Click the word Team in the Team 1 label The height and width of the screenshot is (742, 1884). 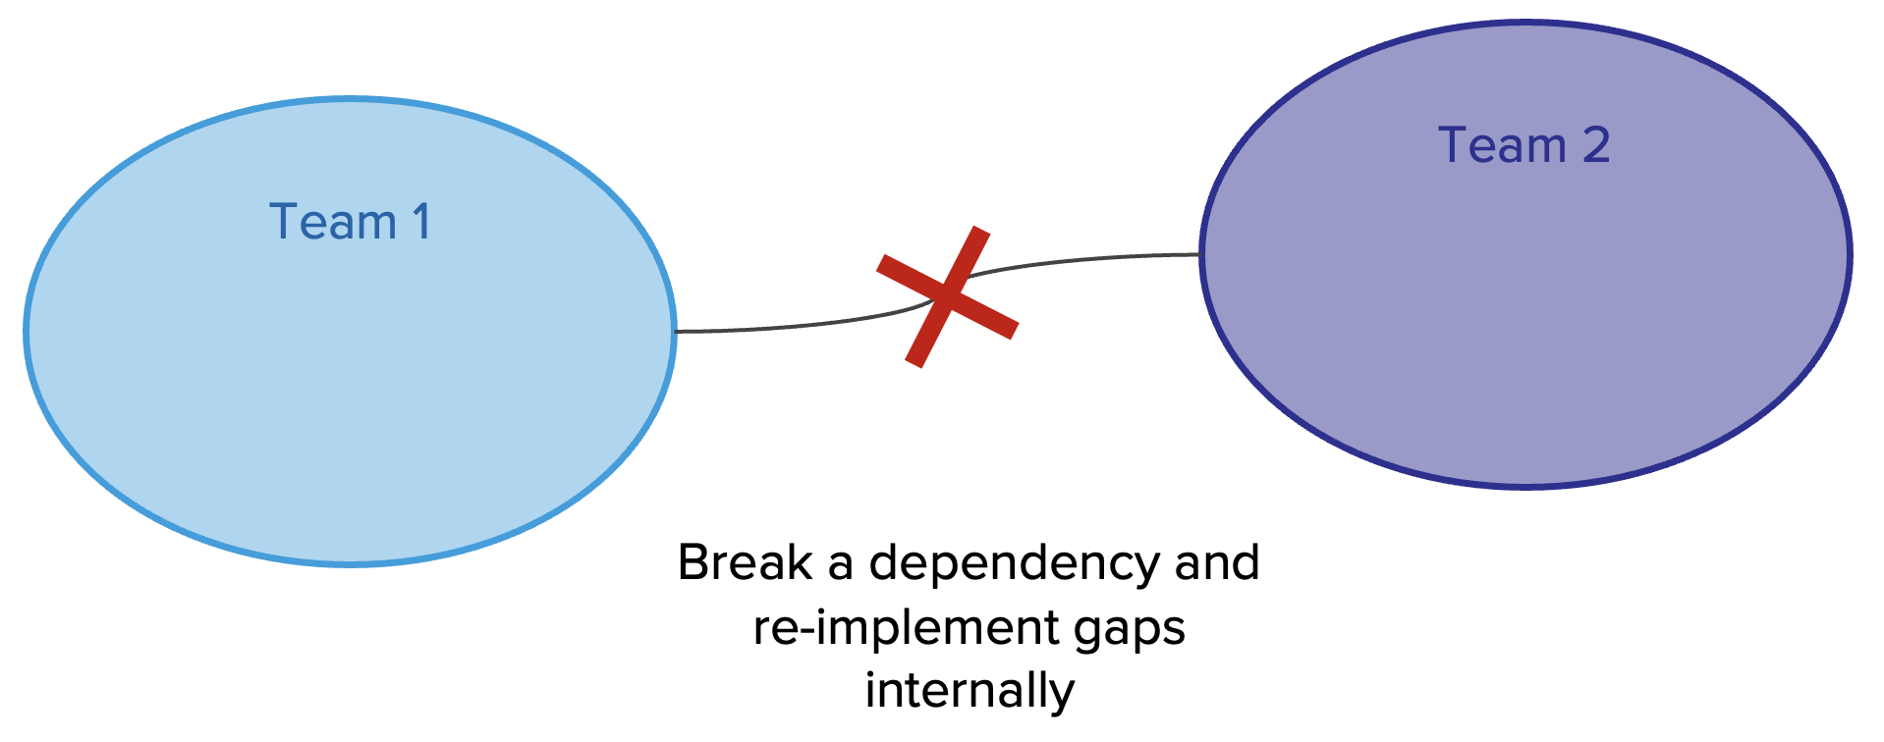(x=332, y=222)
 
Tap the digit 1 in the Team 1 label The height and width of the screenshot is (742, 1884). (x=421, y=222)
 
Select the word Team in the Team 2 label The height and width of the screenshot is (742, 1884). (x=1502, y=145)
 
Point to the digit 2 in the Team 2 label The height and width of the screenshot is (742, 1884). (x=1596, y=145)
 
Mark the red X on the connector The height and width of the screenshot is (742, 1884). (x=946, y=295)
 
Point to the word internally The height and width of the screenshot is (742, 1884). (x=970, y=690)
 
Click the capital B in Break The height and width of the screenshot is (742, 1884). (x=693, y=563)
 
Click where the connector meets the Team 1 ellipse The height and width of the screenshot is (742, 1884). (x=676, y=332)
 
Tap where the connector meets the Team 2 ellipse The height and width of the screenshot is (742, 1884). (x=1200, y=255)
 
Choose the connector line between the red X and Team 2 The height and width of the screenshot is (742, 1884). (x=1081, y=259)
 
